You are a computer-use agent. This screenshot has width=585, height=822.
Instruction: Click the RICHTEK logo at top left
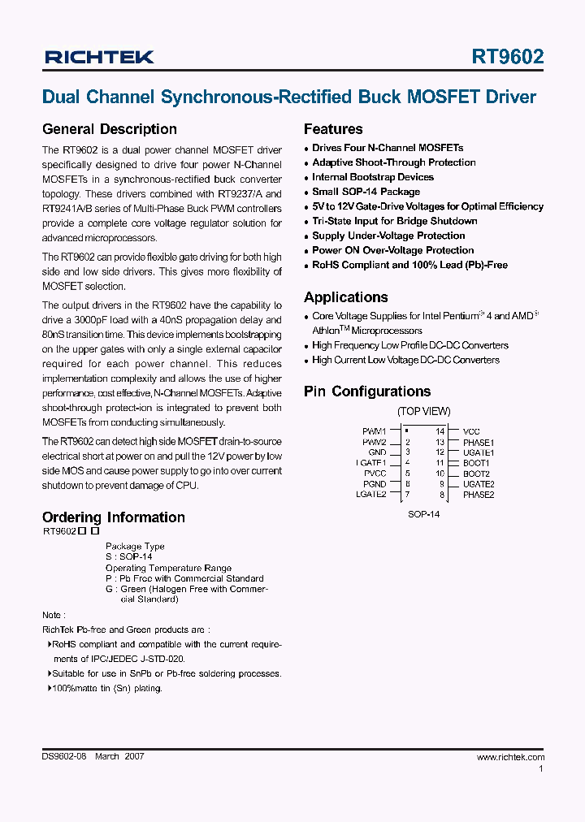99,57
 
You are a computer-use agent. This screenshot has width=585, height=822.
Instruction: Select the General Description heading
109,129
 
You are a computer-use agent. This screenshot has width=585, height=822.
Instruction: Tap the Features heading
333,129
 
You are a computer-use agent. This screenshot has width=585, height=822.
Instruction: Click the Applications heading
345,297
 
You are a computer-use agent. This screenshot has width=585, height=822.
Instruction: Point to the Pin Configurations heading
366,392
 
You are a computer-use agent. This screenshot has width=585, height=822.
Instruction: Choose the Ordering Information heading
113,517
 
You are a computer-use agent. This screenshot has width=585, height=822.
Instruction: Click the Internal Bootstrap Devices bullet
372,177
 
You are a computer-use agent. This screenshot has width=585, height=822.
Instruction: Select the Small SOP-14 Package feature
366,192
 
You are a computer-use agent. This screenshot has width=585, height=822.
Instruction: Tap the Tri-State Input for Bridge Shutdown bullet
394,221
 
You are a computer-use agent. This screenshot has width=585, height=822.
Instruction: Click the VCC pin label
471,431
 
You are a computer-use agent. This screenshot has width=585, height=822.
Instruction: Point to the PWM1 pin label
375,431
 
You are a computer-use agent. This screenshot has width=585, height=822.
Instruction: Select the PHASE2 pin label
478,495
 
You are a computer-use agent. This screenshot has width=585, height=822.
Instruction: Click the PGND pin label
375,484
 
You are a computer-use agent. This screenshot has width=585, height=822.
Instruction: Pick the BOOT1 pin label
476,463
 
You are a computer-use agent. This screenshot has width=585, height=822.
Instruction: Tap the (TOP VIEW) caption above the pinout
423,412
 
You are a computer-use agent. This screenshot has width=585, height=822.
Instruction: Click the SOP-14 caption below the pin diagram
423,514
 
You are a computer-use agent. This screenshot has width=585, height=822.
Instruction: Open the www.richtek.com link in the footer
510,757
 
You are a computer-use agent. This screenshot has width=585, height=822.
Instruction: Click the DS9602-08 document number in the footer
64,756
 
